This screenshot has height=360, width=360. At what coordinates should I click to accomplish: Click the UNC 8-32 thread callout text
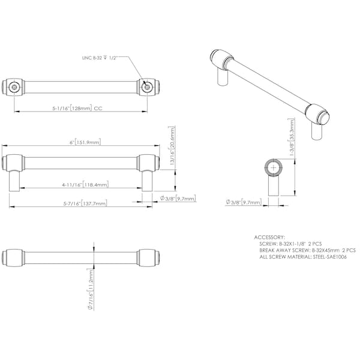click(100, 58)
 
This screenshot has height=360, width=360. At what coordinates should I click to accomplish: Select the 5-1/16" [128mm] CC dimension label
click(77, 108)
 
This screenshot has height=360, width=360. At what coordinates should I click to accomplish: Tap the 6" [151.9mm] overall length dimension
click(85, 142)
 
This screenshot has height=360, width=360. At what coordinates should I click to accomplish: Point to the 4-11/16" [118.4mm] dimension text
click(85, 184)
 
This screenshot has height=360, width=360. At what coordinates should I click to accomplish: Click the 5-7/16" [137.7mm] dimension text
click(85, 203)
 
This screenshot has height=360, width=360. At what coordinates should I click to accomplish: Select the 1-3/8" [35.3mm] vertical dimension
click(291, 137)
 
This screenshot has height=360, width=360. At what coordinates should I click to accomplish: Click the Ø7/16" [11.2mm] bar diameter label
click(91, 289)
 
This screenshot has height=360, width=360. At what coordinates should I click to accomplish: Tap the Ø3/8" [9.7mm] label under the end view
click(244, 202)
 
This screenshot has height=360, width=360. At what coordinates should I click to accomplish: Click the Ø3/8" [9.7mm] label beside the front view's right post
click(178, 198)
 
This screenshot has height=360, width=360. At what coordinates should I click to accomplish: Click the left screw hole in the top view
click(14, 87)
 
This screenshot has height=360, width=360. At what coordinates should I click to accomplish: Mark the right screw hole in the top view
click(147, 87)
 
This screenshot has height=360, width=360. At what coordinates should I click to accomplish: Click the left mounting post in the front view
click(14, 181)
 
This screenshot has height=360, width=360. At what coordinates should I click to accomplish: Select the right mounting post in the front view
click(147, 181)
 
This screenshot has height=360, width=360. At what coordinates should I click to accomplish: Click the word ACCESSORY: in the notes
click(269, 237)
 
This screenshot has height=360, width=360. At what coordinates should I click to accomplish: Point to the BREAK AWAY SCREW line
click(307, 250)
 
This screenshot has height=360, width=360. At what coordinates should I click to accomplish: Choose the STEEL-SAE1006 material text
click(329, 257)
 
